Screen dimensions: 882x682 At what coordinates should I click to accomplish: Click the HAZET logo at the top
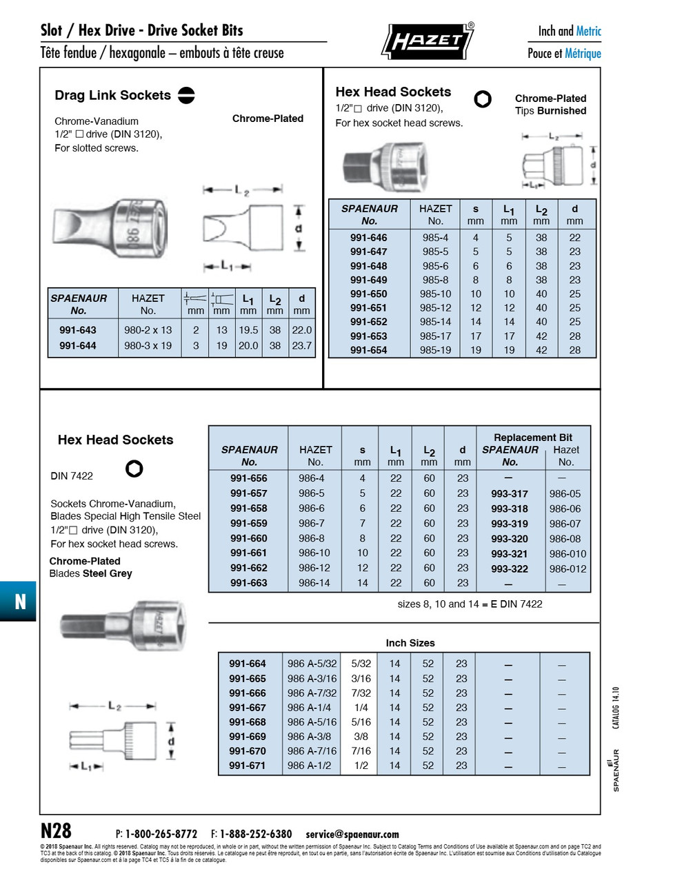[x=428, y=41]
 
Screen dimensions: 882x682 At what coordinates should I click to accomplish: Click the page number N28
[x=56, y=830]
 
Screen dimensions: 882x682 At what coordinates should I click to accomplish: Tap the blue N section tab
[x=19, y=601]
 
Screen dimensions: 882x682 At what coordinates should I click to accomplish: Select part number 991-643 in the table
[x=78, y=330]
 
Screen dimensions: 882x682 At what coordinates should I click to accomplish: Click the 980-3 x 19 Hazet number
[x=148, y=346]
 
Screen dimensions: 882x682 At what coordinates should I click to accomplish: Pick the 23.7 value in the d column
[x=301, y=346]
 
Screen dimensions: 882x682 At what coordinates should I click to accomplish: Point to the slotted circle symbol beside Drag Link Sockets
[x=186, y=95]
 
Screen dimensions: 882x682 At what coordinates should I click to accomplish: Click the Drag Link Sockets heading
[x=112, y=95]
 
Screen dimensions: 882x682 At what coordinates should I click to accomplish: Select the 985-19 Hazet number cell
[x=435, y=350]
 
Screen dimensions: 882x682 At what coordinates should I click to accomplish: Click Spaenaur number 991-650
[x=369, y=294]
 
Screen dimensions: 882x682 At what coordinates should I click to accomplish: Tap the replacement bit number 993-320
[x=510, y=539]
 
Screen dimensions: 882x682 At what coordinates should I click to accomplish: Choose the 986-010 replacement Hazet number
[x=568, y=554]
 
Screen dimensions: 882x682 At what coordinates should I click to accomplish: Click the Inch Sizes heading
[x=410, y=643]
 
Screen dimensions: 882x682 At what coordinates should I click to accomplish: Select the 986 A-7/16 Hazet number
[x=312, y=751]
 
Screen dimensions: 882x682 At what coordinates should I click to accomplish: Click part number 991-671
[x=247, y=766]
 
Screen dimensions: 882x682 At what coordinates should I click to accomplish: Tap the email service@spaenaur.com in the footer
[x=352, y=834]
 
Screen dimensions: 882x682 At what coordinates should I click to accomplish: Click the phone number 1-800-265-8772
[x=161, y=834]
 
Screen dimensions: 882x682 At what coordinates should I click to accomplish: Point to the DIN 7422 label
[x=72, y=475]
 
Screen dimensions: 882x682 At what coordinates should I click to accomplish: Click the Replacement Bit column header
[x=532, y=438]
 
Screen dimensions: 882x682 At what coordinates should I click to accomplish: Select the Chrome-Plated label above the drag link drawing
[x=268, y=119]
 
